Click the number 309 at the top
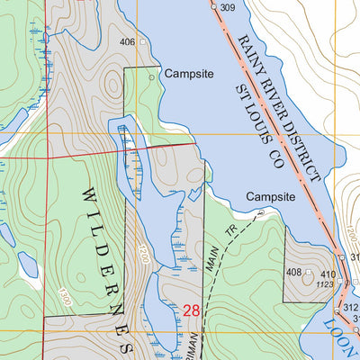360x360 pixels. point(227,8)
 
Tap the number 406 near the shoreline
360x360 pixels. point(127,42)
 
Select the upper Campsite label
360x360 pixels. point(190,76)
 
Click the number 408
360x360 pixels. point(293,272)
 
